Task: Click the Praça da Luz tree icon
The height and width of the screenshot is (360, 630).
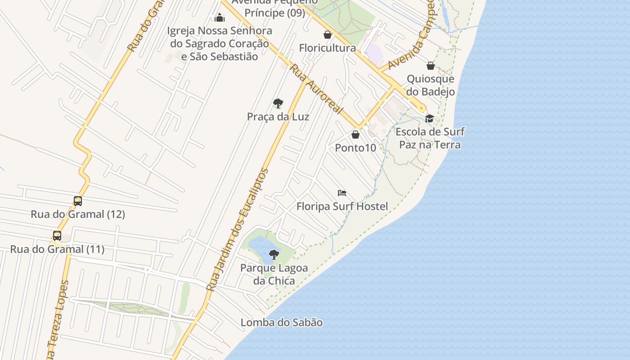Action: (278, 103)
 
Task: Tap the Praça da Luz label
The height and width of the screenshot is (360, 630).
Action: (278, 117)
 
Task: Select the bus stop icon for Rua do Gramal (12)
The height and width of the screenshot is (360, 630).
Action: (78, 201)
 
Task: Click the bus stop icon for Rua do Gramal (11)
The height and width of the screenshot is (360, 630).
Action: (57, 236)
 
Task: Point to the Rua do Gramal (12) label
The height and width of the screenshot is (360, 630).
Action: (78, 214)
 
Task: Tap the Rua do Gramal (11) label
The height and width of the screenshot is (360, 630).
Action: (57, 249)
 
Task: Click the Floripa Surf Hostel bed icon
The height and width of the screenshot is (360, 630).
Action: (342, 193)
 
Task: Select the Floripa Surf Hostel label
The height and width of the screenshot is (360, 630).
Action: (342, 207)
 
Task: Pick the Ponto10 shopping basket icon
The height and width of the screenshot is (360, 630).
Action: (355, 135)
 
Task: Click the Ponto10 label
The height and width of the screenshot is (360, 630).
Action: (355, 148)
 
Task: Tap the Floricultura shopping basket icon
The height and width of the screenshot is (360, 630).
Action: (328, 35)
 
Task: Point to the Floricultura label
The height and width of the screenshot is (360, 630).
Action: (328, 48)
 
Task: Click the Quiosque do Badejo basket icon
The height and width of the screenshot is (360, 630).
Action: (431, 66)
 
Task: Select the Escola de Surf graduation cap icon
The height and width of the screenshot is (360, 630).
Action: (430, 118)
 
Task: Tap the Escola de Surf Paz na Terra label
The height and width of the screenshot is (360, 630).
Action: (430, 138)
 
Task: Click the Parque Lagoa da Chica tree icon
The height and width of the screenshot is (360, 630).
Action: (274, 255)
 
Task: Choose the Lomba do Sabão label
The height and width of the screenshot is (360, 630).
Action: (282, 323)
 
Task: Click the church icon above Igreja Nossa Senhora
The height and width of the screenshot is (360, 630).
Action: (220, 18)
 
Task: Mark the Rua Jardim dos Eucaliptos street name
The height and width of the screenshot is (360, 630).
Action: (237, 229)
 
